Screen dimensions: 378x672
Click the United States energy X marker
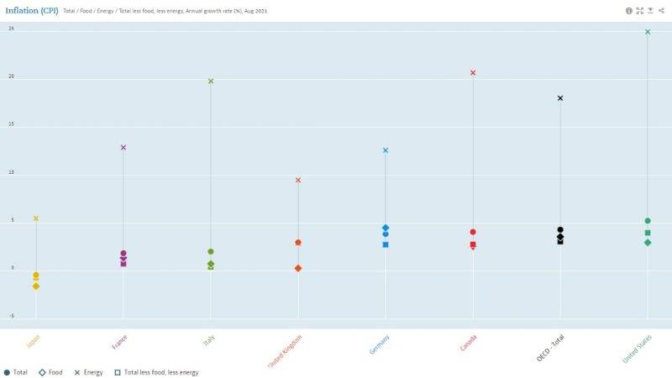[648, 32]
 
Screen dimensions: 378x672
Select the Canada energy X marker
[473, 73]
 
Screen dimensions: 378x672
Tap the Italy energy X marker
[211, 81]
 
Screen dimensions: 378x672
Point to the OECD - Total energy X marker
[560, 98]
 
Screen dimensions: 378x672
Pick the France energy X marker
[123, 148]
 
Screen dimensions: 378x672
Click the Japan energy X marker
[36, 218]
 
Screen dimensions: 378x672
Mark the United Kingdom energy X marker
[298, 180]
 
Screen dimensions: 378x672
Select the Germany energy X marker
[386, 150]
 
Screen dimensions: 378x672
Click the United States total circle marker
[648, 221]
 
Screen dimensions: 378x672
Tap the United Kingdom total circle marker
[298, 243]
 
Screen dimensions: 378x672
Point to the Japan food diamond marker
[36, 286]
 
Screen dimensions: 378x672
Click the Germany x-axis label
[379, 344]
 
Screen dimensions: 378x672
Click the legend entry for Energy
[87, 371]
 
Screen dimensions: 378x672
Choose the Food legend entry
[50, 371]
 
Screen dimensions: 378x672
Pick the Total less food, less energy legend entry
[160, 371]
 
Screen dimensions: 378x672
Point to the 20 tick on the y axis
[11, 77]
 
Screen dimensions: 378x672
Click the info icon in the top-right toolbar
[629, 11]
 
